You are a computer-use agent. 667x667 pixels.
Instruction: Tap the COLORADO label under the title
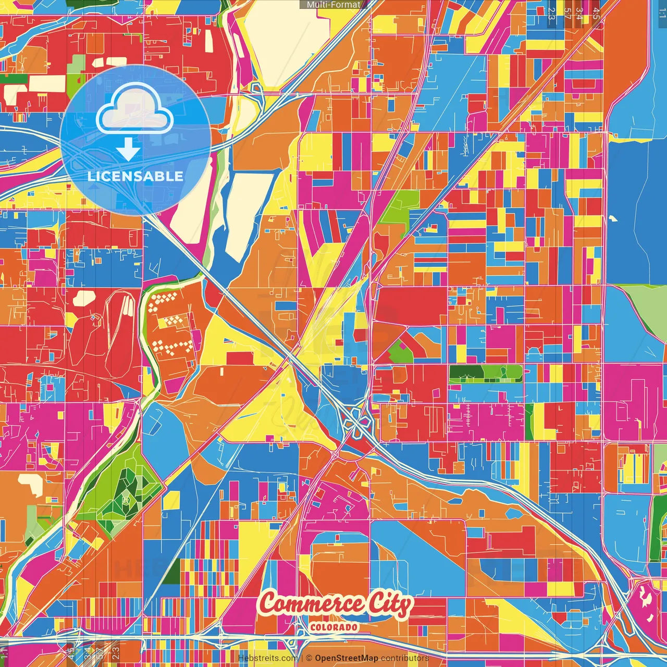[x=334, y=627]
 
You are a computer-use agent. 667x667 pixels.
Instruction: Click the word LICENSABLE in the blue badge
[x=135, y=176]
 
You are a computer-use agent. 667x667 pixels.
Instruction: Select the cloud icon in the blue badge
[x=134, y=108]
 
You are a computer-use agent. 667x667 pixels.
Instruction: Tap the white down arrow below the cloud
[x=128, y=150]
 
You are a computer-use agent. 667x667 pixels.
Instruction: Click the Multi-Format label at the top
[x=333, y=5]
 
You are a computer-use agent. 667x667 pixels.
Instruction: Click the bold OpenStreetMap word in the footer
[x=347, y=658]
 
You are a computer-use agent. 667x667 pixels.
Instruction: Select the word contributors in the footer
[x=405, y=658]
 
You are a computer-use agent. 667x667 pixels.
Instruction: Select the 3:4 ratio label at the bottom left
[x=87, y=651]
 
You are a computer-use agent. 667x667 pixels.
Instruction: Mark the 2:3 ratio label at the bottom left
[x=116, y=651]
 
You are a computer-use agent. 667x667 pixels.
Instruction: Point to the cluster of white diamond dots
[x=169, y=323]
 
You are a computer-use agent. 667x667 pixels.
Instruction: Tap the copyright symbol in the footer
[x=309, y=658]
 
